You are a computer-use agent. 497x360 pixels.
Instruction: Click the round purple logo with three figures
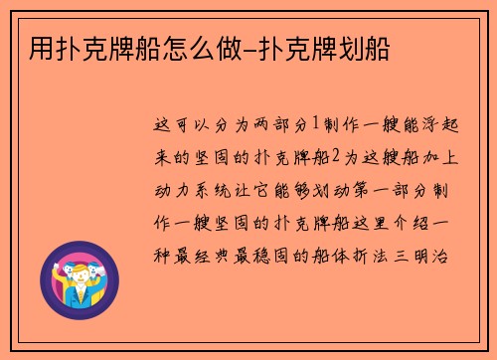83,273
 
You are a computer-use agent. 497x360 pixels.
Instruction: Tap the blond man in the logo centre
83,277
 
